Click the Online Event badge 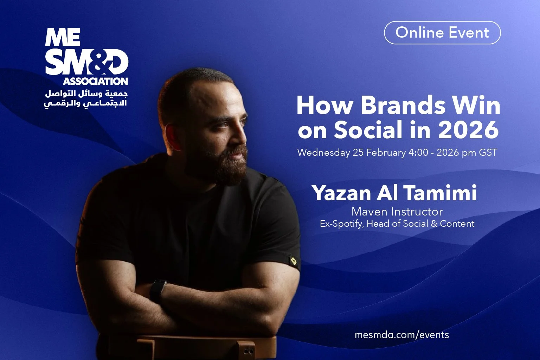pyautogui.click(x=442, y=33)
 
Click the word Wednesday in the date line pyautogui.click(x=323, y=153)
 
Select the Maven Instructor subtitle pyautogui.click(x=397, y=212)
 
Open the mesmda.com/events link pyautogui.click(x=402, y=334)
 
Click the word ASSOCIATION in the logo pyautogui.click(x=95, y=81)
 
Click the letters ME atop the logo pyautogui.click(x=62, y=38)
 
